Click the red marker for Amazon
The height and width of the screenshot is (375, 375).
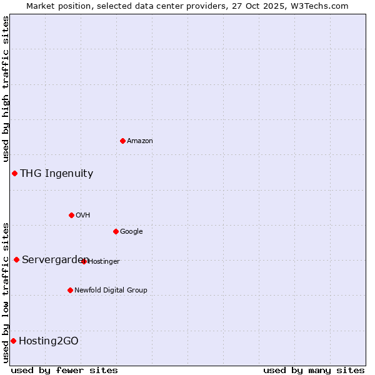122,141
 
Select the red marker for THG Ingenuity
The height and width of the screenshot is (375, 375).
14,173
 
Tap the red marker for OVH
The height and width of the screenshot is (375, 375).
71,215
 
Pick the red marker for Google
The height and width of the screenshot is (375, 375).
116,231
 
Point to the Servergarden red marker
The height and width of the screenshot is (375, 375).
16,259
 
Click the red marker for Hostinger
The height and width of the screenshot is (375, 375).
84,261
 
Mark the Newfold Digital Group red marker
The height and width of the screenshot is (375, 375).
70,290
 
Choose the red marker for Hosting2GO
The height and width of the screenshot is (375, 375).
13,341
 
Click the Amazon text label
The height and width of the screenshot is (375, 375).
140,141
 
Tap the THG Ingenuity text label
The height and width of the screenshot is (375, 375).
56,174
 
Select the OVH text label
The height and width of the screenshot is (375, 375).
83,216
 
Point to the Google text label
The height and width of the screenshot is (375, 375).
131,232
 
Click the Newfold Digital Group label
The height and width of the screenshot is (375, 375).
111,290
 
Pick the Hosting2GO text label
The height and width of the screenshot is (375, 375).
49,341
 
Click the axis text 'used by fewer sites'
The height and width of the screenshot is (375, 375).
64,370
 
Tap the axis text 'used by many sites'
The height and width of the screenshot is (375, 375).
314,370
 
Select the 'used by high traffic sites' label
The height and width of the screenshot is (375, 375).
6,89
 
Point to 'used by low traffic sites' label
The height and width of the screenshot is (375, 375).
6,292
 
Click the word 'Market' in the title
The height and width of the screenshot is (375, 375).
40,6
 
